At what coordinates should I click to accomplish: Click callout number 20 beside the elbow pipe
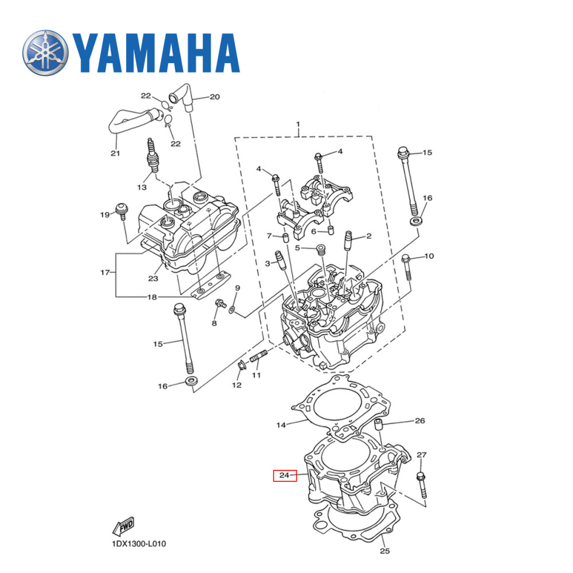(x=214, y=97)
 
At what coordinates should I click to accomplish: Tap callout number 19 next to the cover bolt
(x=104, y=215)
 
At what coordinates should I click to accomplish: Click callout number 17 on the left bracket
(x=104, y=273)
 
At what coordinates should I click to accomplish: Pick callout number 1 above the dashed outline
(x=298, y=124)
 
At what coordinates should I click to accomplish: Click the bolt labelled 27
(x=422, y=485)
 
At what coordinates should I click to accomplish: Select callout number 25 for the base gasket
(x=384, y=552)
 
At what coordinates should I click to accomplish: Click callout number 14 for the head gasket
(x=281, y=425)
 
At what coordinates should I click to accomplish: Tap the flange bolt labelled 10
(x=407, y=267)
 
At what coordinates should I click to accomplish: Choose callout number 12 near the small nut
(x=237, y=386)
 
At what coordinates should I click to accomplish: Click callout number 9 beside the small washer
(x=237, y=288)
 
